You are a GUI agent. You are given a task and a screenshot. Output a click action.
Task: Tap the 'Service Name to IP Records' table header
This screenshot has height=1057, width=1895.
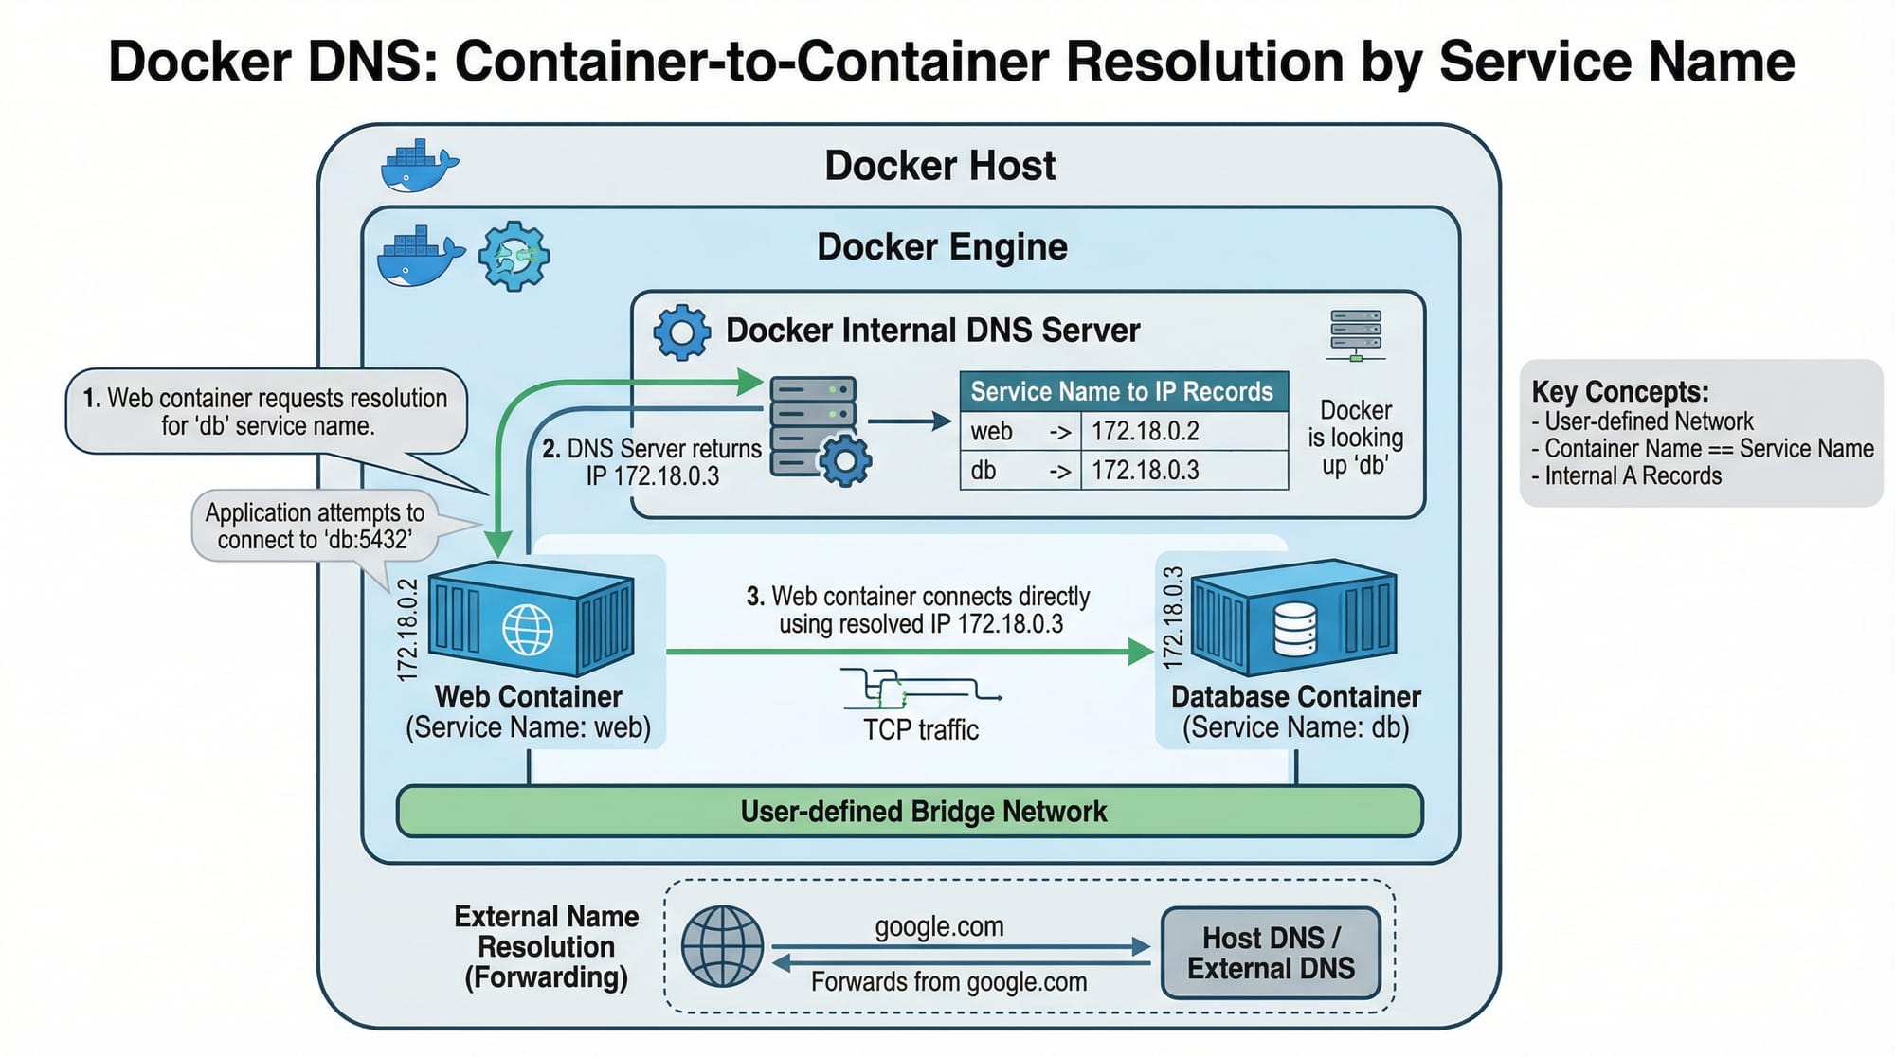point(1123,391)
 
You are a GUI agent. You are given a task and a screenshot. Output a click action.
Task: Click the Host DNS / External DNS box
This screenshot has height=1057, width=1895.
point(1271,953)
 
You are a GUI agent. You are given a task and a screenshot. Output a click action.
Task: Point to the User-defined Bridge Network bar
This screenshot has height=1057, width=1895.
point(910,812)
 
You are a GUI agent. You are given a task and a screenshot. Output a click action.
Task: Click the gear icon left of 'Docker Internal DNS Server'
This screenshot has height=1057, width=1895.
point(681,332)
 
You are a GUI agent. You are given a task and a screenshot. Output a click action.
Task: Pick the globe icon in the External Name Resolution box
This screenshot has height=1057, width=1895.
point(723,946)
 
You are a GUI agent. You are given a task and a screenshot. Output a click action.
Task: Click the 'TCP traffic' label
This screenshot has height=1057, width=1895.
point(920,730)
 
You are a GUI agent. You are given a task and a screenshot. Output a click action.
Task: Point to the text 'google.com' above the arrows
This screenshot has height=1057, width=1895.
point(939,926)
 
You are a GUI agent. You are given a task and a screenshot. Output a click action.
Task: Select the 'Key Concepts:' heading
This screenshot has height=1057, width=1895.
point(1620,391)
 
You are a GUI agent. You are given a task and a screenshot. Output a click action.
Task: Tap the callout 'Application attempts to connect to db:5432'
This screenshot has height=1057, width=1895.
point(315,526)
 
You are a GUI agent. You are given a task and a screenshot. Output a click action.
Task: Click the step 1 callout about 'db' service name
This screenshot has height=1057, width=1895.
point(265,412)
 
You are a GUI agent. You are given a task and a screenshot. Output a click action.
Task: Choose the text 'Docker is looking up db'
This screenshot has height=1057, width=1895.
point(1355,438)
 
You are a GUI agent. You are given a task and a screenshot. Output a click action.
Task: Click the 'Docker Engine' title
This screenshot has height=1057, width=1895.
point(942,247)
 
